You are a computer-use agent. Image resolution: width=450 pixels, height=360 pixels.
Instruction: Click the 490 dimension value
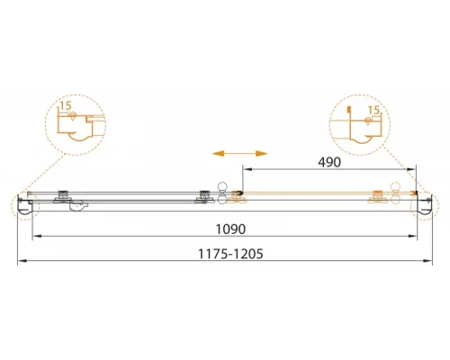[329, 162]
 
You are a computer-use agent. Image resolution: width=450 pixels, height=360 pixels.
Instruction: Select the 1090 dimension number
[230, 229]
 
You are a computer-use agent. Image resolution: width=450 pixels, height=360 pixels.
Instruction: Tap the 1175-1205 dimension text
[230, 254]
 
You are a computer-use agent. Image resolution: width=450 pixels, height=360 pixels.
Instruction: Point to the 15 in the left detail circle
[66, 105]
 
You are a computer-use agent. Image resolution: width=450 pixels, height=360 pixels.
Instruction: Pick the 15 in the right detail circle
[373, 110]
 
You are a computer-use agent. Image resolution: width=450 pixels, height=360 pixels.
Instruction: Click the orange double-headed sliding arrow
[239, 154]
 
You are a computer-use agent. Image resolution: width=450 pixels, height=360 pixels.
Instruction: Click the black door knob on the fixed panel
[222, 193]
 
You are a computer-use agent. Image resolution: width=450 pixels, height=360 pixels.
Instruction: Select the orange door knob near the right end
[396, 193]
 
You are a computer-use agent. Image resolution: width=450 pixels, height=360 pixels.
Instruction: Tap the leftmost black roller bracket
[62, 197]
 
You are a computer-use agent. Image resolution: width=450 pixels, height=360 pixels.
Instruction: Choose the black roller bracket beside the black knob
[204, 197]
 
